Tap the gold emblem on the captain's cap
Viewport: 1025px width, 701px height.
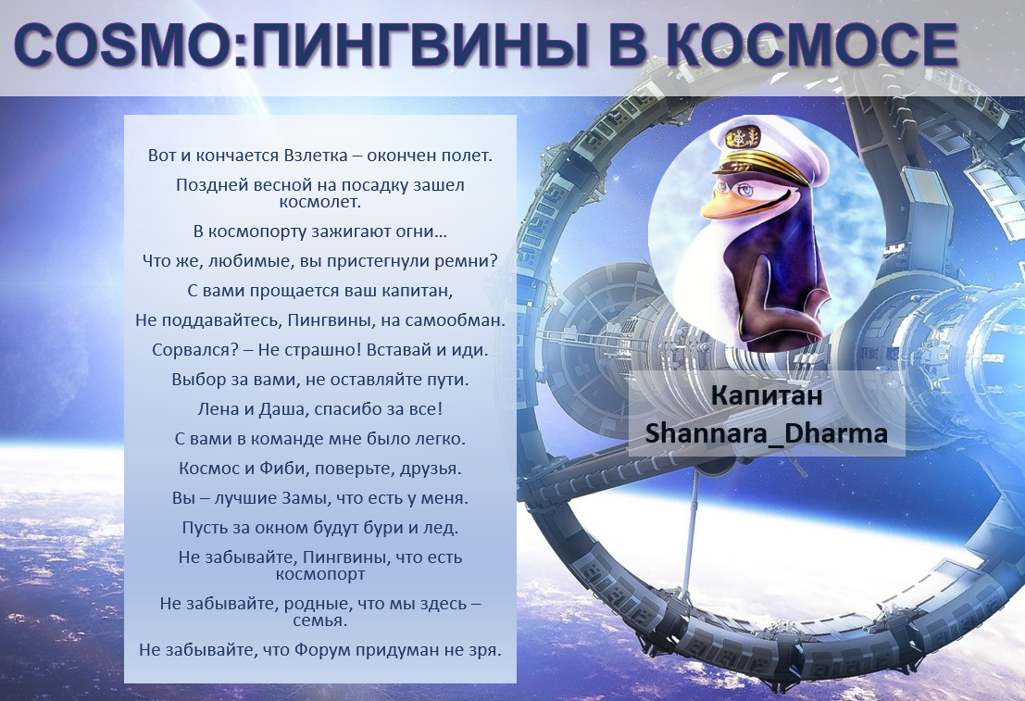tap(742, 140)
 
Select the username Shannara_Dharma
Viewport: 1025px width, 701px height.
tap(767, 433)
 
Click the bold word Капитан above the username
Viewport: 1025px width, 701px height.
tap(767, 396)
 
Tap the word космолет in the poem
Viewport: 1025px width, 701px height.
tap(319, 200)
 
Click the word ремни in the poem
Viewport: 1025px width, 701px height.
tap(471, 260)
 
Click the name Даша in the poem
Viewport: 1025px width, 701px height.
tap(276, 408)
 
